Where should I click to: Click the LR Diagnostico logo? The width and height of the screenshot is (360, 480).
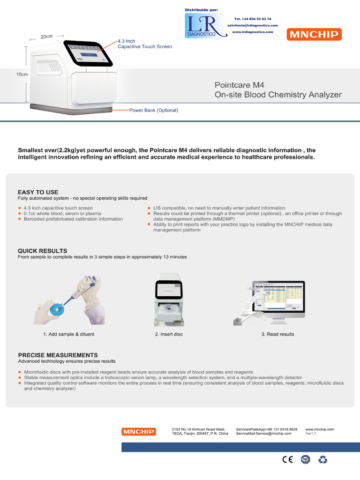(x=201, y=26)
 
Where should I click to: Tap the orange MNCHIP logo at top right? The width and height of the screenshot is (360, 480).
(x=315, y=34)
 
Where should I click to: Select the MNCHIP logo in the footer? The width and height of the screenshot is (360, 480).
(x=138, y=432)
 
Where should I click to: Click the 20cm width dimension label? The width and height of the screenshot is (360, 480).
(x=46, y=37)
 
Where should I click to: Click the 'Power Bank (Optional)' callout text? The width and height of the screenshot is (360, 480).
(x=154, y=110)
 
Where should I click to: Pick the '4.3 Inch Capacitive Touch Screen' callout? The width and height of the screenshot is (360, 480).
(x=144, y=44)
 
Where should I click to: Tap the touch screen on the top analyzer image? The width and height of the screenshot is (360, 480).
(x=88, y=54)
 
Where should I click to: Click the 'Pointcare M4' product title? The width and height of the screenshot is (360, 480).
(x=239, y=85)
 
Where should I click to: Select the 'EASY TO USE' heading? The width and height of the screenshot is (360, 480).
(x=38, y=192)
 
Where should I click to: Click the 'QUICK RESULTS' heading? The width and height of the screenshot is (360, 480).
(x=42, y=251)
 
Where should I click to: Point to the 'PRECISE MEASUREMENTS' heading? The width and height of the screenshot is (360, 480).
(x=58, y=355)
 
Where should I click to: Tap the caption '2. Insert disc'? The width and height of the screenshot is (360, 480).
(x=169, y=334)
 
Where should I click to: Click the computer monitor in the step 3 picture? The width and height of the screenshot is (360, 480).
(x=278, y=298)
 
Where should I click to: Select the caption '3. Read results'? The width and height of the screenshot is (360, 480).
(x=278, y=334)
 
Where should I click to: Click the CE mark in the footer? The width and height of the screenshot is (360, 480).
(x=287, y=460)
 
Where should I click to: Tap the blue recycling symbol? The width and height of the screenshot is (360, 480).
(x=323, y=460)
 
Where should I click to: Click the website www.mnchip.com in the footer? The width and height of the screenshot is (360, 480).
(x=319, y=429)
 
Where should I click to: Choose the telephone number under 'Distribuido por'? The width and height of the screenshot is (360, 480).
(x=253, y=19)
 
